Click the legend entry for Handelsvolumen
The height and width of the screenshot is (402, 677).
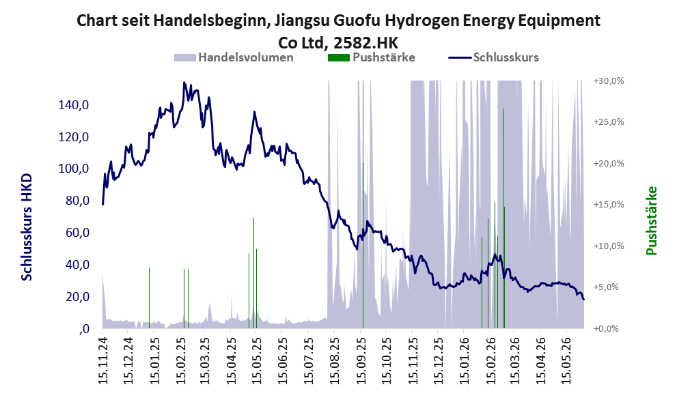[234, 57]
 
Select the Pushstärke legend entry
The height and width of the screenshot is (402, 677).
[372, 57]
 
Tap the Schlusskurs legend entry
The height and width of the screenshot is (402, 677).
[493, 57]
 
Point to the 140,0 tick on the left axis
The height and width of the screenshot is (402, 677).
[74, 105]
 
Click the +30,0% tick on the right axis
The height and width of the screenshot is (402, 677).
[609, 81]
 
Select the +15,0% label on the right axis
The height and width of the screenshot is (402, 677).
[609, 205]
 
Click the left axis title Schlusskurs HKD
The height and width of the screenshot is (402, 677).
[27, 227]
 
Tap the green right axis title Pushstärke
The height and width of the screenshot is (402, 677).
[651, 220]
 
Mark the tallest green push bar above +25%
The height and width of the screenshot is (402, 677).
[503, 218]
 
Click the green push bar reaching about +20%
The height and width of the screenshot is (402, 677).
[363, 246]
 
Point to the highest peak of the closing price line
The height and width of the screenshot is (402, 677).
[184, 82]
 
